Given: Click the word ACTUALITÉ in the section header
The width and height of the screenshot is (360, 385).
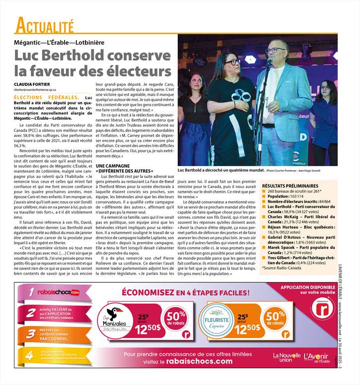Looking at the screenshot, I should [44, 25].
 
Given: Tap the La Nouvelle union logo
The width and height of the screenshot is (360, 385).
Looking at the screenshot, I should [287, 358].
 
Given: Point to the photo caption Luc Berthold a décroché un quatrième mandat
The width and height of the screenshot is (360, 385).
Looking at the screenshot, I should [220, 170].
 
